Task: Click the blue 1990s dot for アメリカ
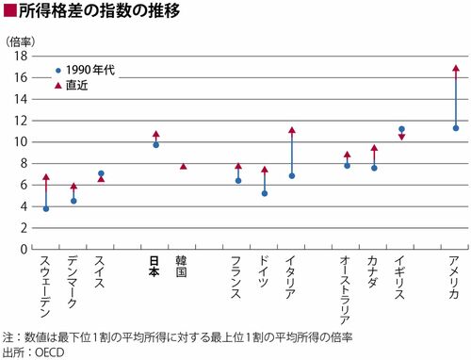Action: (456, 128)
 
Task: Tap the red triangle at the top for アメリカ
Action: (456, 68)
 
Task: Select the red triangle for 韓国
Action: (184, 166)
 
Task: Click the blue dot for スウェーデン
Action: (46, 208)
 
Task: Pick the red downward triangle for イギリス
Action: (401, 137)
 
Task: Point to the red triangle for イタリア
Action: (292, 130)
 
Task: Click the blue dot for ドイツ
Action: (265, 193)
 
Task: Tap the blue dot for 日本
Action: (155, 145)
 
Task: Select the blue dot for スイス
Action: (101, 173)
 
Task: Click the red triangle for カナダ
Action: (374, 148)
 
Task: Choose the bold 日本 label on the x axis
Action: (154, 267)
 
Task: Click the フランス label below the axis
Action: (235, 277)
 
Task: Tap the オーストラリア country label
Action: (345, 290)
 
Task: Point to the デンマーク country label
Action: (72, 282)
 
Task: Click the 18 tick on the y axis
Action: (21, 57)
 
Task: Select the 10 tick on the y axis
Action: (21, 142)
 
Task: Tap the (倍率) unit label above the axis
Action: (21, 42)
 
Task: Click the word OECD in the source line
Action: (50, 352)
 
